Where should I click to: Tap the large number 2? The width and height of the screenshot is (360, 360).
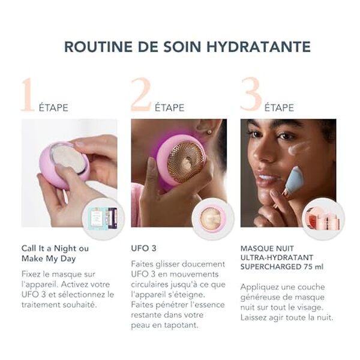pyautogui.click(x=142, y=94)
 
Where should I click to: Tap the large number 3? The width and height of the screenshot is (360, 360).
pyautogui.click(x=251, y=94)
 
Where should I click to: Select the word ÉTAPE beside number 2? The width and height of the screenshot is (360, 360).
pyautogui.click(x=170, y=108)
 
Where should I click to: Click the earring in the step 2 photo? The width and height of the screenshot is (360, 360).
pyautogui.click(x=210, y=130)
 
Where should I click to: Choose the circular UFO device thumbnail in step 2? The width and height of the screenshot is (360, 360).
pyautogui.click(x=212, y=219)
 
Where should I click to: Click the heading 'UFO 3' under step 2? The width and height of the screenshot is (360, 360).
pyautogui.click(x=144, y=247)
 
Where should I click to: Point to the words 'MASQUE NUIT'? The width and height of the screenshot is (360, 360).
pyautogui.click(x=266, y=247)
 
